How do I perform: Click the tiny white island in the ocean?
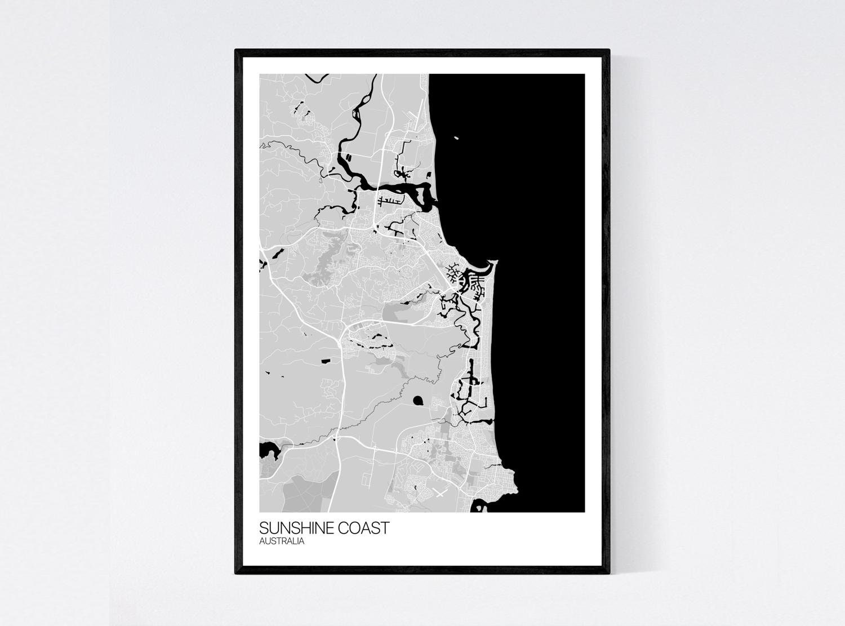[456, 136]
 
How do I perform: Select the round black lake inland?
[418, 401]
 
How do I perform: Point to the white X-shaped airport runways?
[439, 494]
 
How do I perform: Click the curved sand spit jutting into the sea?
[491, 264]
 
